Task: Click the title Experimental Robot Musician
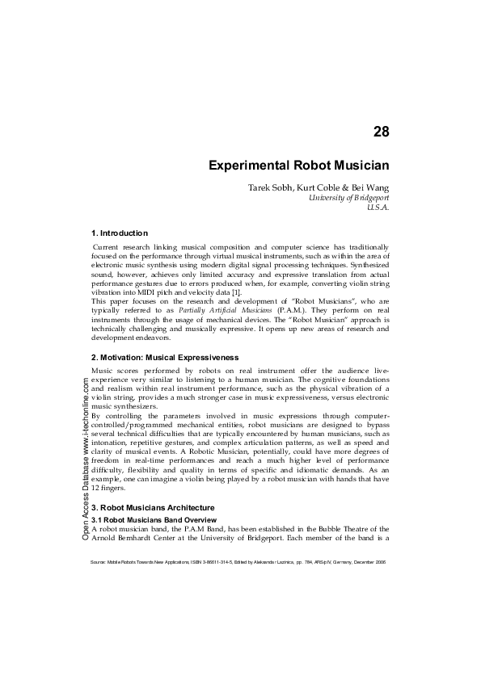299,166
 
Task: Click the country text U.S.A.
378,208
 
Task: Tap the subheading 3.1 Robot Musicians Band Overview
154,518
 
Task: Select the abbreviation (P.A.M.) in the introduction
290,309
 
